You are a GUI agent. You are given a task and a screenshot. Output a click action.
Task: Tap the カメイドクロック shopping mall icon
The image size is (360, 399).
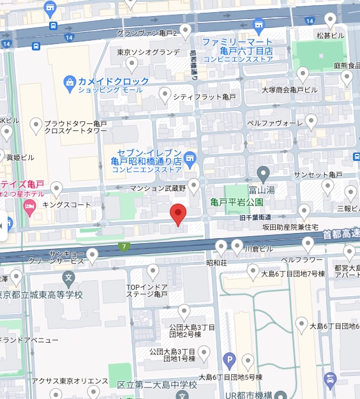70,82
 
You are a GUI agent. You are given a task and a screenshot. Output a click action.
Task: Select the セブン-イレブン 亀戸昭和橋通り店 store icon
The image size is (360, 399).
190,157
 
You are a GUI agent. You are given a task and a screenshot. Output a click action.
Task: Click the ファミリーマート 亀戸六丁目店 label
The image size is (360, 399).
237,47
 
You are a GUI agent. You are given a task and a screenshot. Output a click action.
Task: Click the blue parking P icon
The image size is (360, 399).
229,361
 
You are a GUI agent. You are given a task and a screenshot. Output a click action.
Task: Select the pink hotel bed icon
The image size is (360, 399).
29,206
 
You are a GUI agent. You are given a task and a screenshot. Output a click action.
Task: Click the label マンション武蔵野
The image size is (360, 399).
157,188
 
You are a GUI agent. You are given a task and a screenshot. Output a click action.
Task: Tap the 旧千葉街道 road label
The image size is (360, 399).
255,217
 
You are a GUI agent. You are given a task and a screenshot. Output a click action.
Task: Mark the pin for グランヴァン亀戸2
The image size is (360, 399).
186,30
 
